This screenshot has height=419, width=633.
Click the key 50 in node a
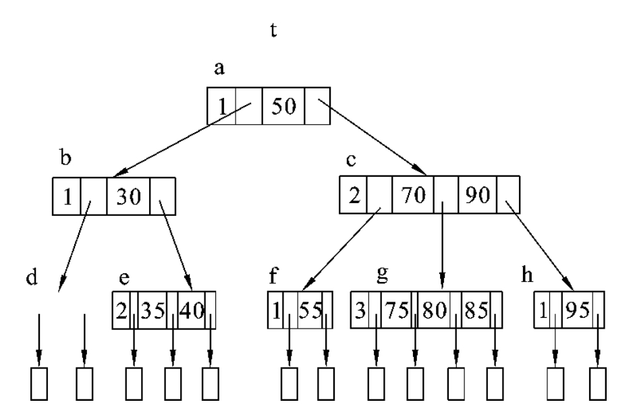pos(283,107)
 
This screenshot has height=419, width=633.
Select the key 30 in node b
pos(128,196)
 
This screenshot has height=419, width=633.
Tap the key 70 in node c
pos(412,196)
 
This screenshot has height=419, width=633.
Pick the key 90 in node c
pos(478,196)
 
